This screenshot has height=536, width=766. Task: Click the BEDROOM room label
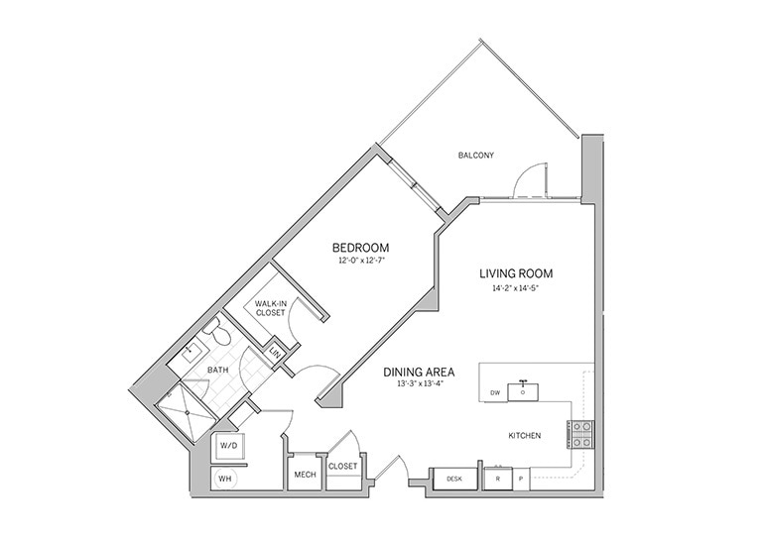point(360,247)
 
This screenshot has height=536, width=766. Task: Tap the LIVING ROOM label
point(515,273)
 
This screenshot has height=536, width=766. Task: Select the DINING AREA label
point(419,373)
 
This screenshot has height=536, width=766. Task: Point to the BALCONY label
point(475,156)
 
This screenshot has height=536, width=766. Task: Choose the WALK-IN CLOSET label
point(270,308)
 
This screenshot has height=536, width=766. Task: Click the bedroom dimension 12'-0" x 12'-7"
point(360,261)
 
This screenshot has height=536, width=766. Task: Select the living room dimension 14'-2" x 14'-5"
point(515,288)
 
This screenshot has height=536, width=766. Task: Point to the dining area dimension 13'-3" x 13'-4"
point(419,385)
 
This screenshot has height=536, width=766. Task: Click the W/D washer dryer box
point(228,446)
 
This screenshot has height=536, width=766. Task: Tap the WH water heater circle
point(226,479)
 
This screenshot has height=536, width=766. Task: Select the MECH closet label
point(305,474)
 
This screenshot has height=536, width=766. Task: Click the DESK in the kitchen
point(454,479)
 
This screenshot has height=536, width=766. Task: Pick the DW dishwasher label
point(495,393)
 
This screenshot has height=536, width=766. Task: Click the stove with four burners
point(580,434)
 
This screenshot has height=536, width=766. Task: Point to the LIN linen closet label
point(276,354)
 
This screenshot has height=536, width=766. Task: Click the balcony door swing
point(530,180)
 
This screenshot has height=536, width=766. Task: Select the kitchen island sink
point(522,390)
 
